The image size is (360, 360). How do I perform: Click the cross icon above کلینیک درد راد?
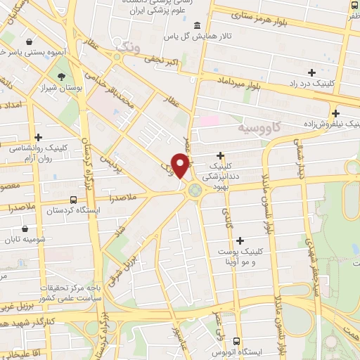[311, 72]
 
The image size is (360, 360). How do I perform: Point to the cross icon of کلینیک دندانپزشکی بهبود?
[221, 155]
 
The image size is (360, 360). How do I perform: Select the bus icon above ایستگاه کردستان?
[74, 198]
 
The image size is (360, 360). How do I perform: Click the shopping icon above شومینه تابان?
[26, 229]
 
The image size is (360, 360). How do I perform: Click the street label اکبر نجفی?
[163, 63]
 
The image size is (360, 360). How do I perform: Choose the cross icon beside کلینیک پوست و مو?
[242, 240]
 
